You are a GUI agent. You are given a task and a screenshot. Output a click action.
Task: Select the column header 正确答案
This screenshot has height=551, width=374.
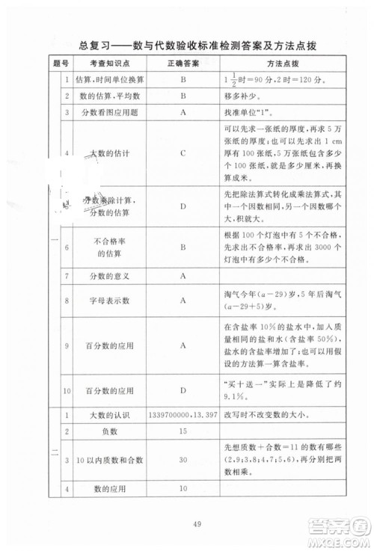tap(183, 64)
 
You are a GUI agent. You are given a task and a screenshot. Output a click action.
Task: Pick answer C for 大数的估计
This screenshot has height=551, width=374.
tap(183, 153)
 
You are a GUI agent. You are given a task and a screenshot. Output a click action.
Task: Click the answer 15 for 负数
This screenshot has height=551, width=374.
tap(183, 432)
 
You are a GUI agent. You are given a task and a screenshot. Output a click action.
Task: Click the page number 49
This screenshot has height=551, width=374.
tap(188, 523)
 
